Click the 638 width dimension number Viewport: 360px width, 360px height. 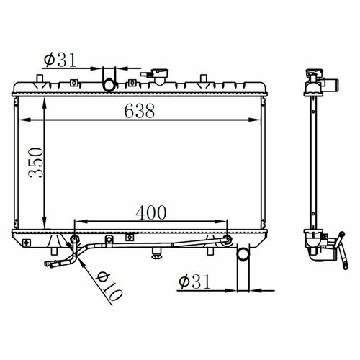[140, 111]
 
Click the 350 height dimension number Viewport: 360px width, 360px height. [36, 163]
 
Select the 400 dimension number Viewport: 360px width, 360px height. [151, 212]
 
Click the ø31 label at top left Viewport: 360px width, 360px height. [60, 60]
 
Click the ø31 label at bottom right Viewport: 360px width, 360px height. [194, 282]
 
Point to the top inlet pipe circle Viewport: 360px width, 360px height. [109, 85]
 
